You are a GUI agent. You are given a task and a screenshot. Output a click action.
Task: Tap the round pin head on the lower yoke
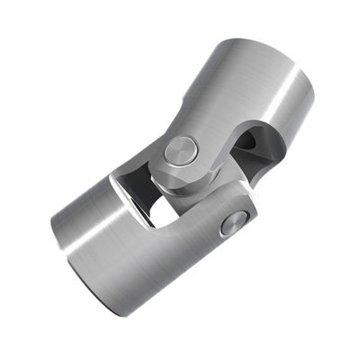(234, 224)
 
